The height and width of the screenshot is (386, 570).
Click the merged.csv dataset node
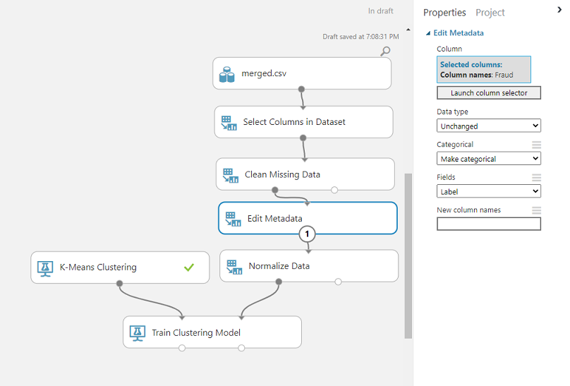point(302,73)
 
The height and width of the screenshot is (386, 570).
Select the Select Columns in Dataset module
point(303,122)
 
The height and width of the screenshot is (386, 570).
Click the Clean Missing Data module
point(305,174)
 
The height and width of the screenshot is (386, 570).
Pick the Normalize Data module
point(309,266)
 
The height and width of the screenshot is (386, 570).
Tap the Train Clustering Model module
point(212,332)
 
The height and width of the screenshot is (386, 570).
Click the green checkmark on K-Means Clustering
point(189,267)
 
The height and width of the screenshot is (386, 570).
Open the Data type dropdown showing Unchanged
point(489,126)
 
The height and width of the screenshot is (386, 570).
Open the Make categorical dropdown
point(489,159)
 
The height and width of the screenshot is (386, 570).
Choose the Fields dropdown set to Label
point(489,191)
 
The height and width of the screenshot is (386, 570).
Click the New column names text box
point(489,224)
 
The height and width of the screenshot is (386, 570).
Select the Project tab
point(490,13)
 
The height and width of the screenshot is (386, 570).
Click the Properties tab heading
point(444,13)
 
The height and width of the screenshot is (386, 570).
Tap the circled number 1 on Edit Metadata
point(307,234)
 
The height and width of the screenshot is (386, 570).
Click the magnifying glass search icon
point(385,51)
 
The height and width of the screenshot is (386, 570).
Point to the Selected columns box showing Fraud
point(484,69)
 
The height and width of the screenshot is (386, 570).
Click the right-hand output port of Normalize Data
point(338,282)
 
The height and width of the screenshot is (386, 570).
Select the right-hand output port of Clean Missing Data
point(334,190)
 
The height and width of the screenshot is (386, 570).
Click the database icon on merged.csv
point(227,74)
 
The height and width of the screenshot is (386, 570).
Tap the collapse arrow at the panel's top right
point(559,10)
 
